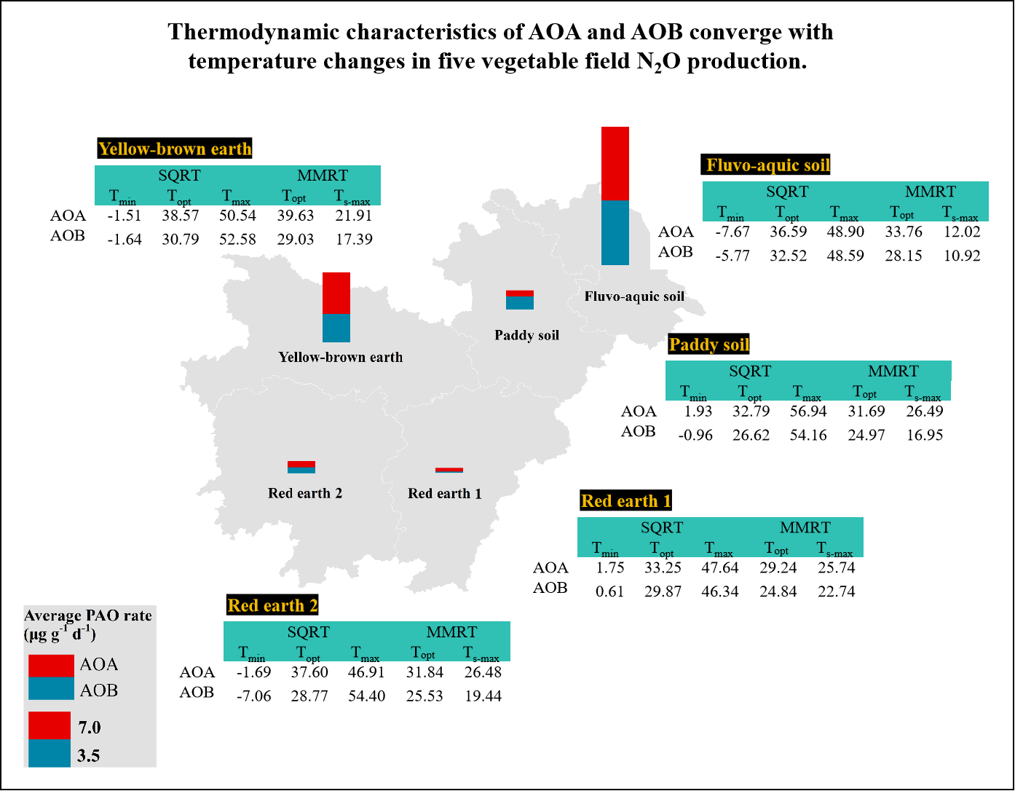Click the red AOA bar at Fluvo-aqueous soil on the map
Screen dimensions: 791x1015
coord(615,164)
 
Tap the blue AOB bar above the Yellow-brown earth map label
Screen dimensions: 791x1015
coord(336,328)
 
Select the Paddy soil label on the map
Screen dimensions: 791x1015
coord(526,335)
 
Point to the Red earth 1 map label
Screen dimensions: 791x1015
coord(444,493)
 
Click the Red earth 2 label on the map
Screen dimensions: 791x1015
coord(304,493)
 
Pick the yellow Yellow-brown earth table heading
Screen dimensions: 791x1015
coord(175,149)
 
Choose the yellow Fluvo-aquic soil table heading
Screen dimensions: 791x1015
coord(767,165)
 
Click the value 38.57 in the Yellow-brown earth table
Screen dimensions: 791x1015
coord(181,216)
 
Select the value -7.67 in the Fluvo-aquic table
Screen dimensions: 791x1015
coord(732,232)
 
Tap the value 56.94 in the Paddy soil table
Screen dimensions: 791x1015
coord(808,411)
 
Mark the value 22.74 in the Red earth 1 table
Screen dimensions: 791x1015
coord(836,591)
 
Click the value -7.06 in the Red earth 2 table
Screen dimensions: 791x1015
coord(253,696)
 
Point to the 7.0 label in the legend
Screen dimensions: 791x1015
coord(90,727)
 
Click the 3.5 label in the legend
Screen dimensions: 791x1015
coord(89,755)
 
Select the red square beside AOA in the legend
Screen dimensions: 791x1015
coord(51,666)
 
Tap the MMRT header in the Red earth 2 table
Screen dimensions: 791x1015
coord(451,631)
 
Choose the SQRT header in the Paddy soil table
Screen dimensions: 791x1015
coord(750,371)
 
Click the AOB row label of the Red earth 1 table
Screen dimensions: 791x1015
coord(550,588)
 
